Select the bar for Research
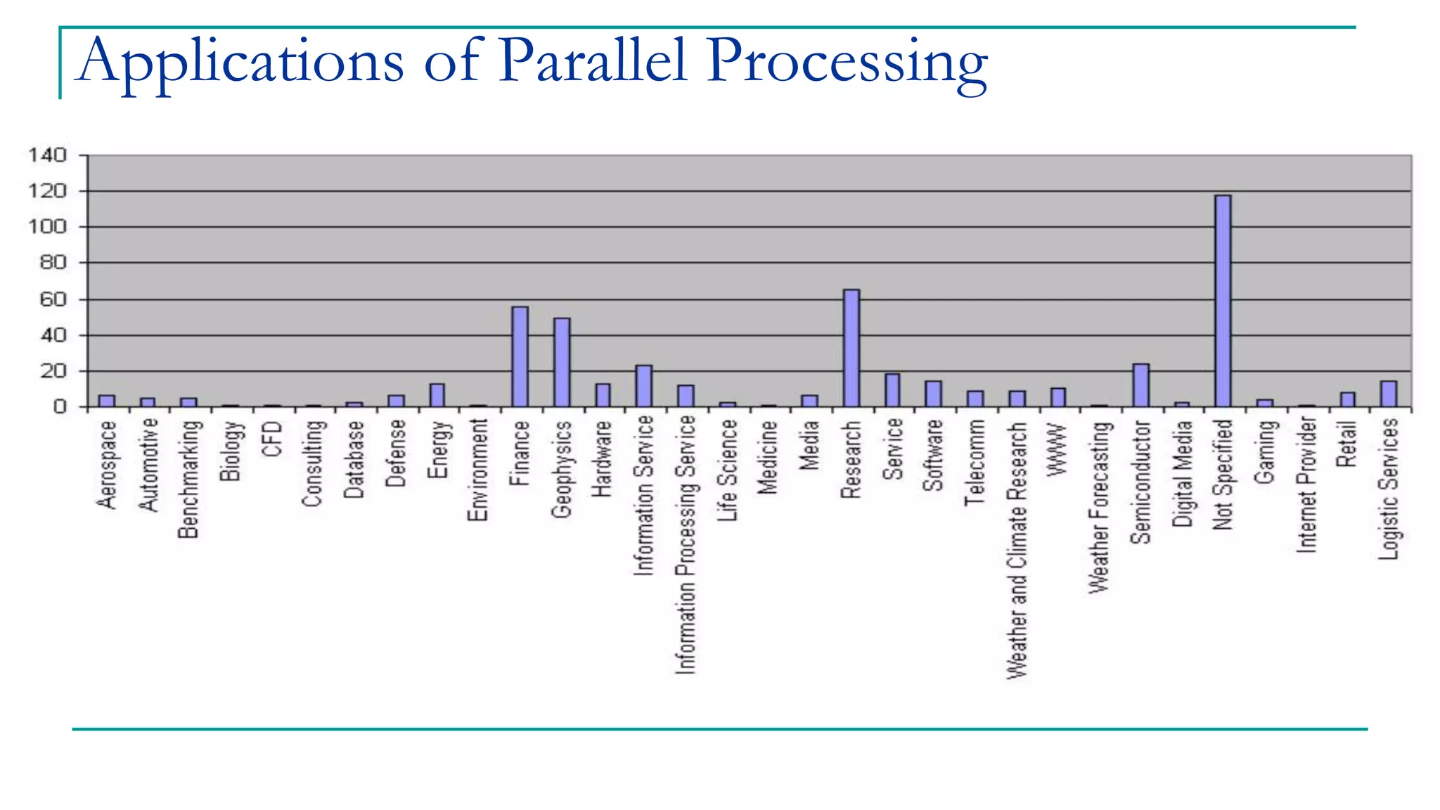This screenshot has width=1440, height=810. (x=851, y=348)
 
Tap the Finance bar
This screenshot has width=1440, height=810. (x=520, y=356)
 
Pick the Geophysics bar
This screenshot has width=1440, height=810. (x=562, y=362)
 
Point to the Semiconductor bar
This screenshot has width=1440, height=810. (x=1140, y=385)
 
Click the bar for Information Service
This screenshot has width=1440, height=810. (x=644, y=386)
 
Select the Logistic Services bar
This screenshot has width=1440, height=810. (x=1389, y=394)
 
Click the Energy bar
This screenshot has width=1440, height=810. (x=437, y=395)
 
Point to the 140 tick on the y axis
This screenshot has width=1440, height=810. (x=48, y=155)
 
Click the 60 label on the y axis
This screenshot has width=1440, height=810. (x=53, y=300)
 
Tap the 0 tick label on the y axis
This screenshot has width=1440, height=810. (x=60, y=407)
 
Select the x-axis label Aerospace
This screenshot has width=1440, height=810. (x=107, y=465)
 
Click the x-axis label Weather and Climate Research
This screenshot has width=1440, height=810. (x=1017, y=551)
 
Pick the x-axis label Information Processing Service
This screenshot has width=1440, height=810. (x=686, y=545)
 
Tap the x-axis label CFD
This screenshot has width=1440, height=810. (x=273, y=439)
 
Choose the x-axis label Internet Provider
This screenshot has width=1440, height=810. (x=1306, y=485)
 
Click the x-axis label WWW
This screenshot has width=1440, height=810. (x=1057, y=450)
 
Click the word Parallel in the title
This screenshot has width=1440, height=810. (x=592, y=62)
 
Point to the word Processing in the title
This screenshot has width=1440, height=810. (x=847, y=63)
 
